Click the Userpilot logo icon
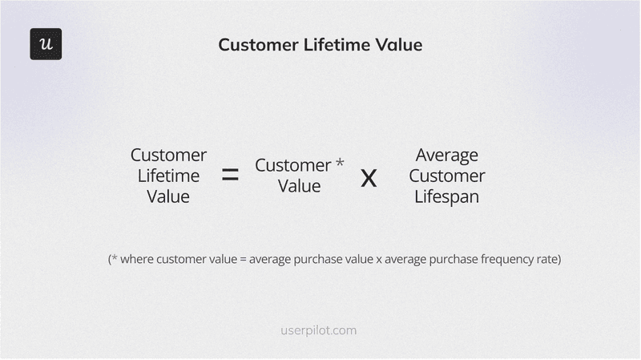coord(46,44)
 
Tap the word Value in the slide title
coord(401,45)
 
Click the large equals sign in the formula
coord(230,176)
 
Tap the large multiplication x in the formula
coord(369,177)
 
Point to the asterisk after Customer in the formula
coord(340,164)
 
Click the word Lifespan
coord(446,196)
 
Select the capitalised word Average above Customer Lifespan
coord(446,155)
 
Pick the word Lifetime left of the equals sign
coord(168,176)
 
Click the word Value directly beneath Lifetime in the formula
coord(168,196)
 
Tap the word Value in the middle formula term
coord(299,186)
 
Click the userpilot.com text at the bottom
coord(320,330)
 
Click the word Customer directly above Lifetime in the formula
coord(168,155)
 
